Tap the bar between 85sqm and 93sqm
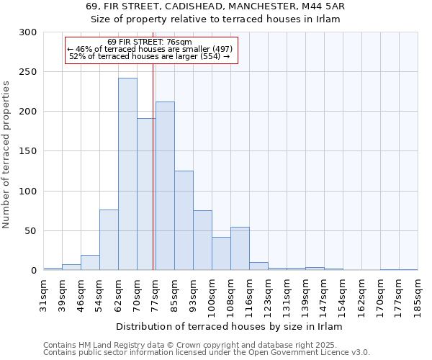(x=184, y=220)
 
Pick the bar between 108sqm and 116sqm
(x=240, y=248)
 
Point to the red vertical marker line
(x=153, y=166)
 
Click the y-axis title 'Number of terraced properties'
(x=6, y=154)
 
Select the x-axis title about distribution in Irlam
(x=229, y=326)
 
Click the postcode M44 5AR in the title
(x=324, y=6)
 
